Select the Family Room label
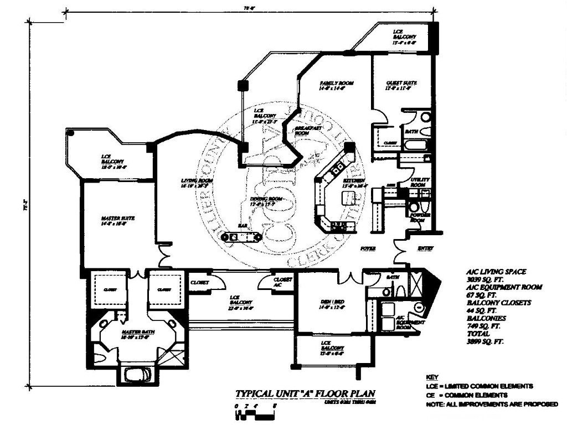pos(337,83)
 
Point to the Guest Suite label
pos(401,83)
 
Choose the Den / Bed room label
pos(332,302)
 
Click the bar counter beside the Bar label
pos(242,237)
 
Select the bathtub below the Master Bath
pos(136,374)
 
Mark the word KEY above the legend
pos(434,376)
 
